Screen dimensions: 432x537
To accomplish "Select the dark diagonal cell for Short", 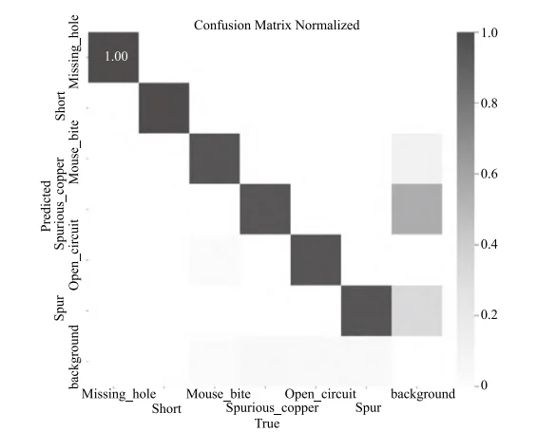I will click(x=163, y=107).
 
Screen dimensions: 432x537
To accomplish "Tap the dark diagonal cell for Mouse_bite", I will click(x=214, y=158).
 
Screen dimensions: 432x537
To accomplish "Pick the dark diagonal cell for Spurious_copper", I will click(x=265, y=208).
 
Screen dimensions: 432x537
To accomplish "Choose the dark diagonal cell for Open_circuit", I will click(x=316, y=259).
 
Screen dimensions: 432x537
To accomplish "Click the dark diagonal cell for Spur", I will click(x=366, y=310).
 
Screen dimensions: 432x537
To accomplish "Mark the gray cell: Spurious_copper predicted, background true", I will click(x=416, y=208).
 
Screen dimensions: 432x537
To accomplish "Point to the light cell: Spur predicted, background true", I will click(x=416, y=310).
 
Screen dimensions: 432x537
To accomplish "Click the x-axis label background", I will click(x=422, y=393).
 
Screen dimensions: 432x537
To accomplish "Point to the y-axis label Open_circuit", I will click(x=76, y=258).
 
